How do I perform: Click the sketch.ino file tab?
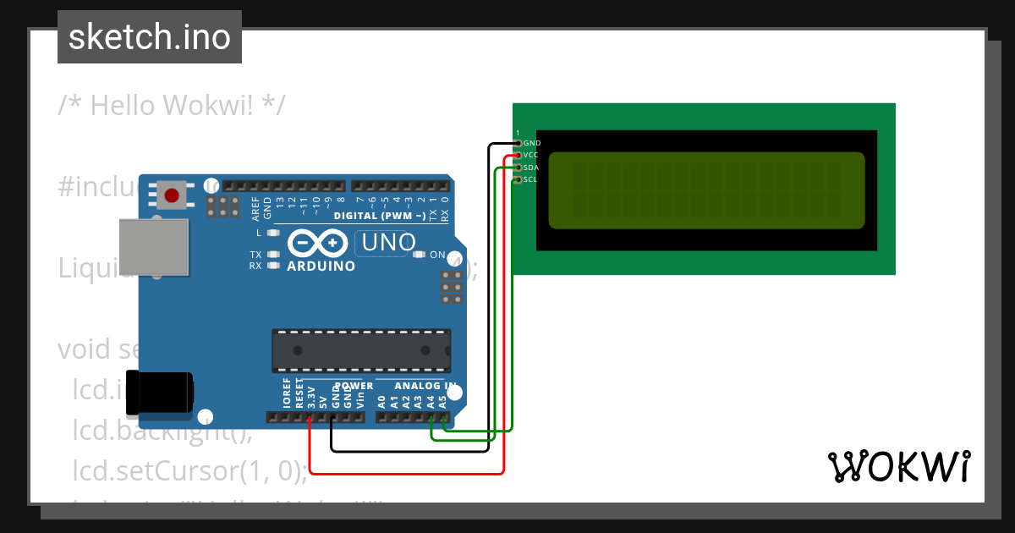coord(150,37)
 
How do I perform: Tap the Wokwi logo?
coord(899,466)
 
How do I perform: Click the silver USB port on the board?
coord(153,246)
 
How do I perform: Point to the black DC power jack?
coord(159,393)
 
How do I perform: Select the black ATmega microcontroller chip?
coord(360,350)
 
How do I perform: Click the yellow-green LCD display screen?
coord(706,190)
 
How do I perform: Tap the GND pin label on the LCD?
coord(531,144)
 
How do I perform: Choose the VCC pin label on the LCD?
coord(530,156)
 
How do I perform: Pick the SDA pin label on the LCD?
coord(530,168)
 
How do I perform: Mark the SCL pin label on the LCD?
coord(530,179)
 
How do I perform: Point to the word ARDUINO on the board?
coord(321,266)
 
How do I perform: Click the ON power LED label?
coord(437,255)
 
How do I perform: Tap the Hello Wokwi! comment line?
coord(172,105)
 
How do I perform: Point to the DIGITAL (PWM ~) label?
coord(380,217)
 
